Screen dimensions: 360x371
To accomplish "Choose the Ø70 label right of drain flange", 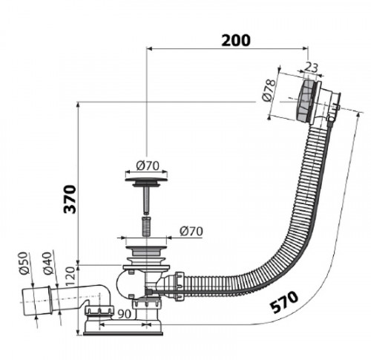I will (x=191, y=231).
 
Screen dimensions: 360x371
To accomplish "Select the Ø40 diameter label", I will (x=48, y=264).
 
